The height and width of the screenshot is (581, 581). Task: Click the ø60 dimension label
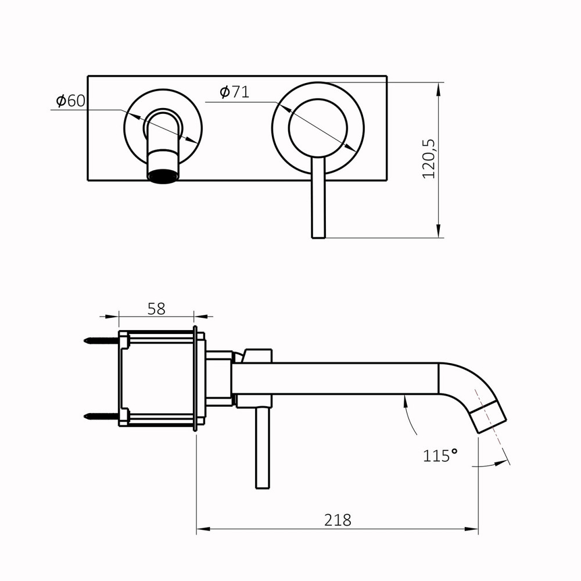coord(70,101)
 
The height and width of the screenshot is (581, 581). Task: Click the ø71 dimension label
coord(234,92)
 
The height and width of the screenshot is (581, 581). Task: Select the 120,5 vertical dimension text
coord(429,159)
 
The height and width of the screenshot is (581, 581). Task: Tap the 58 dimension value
coord(156,309)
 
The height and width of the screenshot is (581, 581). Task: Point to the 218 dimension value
coord(338,520)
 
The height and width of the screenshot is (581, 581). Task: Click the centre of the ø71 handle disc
coord(318,128)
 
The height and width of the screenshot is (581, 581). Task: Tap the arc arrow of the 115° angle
coord(411,415)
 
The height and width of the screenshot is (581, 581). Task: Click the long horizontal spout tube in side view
coord(337,378)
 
